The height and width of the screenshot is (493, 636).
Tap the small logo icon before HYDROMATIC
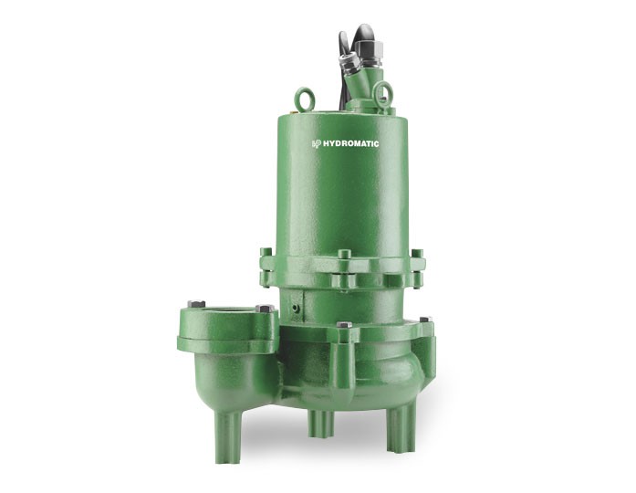click(318, 142)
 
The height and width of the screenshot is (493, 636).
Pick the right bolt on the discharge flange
click(265, 309)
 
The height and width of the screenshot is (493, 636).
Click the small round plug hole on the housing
click(297, 310)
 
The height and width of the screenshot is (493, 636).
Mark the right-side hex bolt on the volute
click(424, 320)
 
